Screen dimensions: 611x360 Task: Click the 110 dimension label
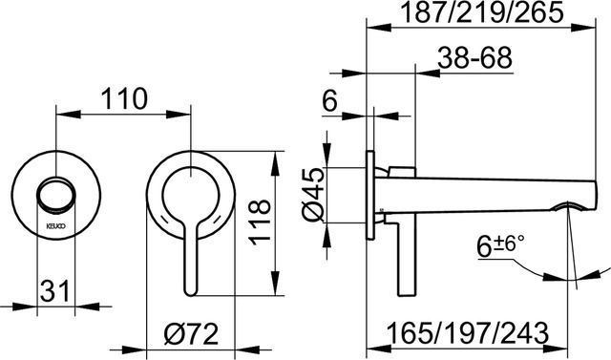pyautogui.click(x=124, y=98)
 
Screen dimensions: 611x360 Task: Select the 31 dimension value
pyautogui.click(x=54, y=290)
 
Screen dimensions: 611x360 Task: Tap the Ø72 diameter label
pyautogui.click(x=191, y=334)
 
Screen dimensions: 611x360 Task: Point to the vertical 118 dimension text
pyautogui.click(x=260, y=222)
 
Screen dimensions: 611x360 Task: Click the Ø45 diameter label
pyautogui.click(x=314, y=195)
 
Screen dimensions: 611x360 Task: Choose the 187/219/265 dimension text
pyautogui.click(x=482, y=12)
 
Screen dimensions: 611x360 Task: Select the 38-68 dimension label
pyautogui.click(x=474, y=58)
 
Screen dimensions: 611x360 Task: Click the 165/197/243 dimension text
pyautogui.click(x=468, y=333)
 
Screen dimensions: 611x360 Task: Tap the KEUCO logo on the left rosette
pyautogui.click(x=56, y=225)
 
